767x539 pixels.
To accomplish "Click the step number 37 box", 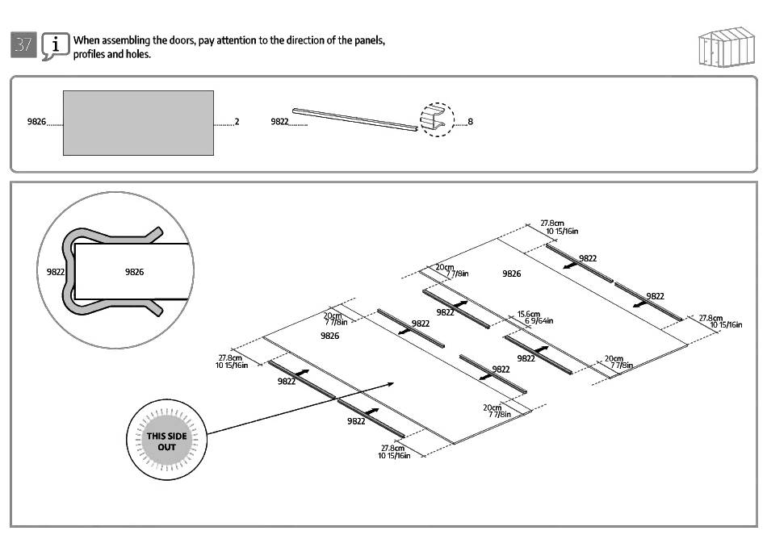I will [x=23, y=45].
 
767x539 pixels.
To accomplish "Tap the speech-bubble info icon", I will [x=55, y=46].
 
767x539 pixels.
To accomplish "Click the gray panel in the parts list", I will [x=138, y=123].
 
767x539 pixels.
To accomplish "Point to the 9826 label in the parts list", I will [x=36, y=123].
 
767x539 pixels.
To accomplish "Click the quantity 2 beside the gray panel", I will [x=237, y=123].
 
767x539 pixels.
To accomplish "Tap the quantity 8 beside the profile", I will [x=470, y=123].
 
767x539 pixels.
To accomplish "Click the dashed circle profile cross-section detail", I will [x=437, y=120].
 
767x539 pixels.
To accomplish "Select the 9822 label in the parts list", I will [x=279, y=123].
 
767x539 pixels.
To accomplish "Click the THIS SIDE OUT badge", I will [x=167, y=441].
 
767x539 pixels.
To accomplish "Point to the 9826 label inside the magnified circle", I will [x=134, y=272].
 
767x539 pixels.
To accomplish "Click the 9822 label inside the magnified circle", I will [x=55, y=272].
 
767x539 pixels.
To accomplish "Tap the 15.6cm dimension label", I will [x=529, y=315].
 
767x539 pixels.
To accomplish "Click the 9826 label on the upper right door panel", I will [x=511, y=274].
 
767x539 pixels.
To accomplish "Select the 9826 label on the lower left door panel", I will [x=329, y=336].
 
